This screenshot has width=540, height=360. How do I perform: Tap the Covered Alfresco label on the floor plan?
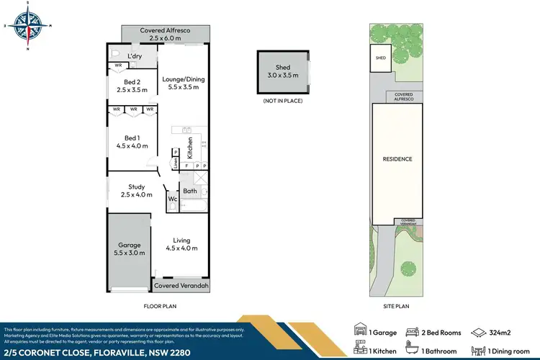click(166, 33)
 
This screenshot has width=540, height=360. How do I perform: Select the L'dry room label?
click(135, 56)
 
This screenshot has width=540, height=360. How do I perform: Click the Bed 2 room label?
click(131, 86)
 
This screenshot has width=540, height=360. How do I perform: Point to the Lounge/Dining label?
click(184, 81)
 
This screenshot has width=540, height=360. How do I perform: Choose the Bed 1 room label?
click(132, 141)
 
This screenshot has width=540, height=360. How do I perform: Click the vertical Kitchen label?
click(190, 148)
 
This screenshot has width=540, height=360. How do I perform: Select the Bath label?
click(190, 191)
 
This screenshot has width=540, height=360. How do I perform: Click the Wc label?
click(173, 199)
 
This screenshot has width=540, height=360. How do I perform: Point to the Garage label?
click(130, 248)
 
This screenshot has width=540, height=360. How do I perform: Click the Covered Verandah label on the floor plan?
click(183, 286)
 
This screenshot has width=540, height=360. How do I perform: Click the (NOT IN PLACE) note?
click(282, 101)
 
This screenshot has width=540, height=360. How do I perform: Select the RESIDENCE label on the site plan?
click(397, 158)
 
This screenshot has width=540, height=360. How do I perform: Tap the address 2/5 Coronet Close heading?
click(85, 350)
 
